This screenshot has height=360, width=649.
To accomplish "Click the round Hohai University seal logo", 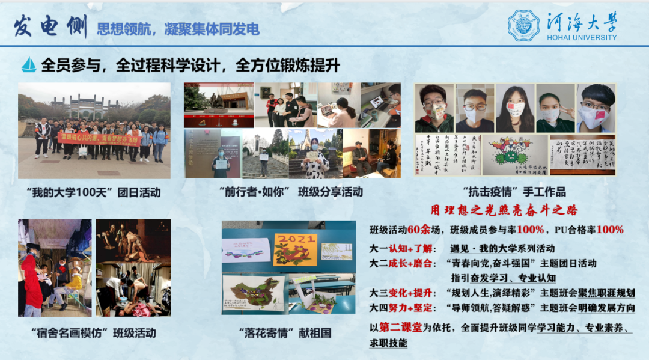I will click(523, 25).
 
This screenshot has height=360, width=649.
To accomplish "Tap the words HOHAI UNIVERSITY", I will click(582, 37).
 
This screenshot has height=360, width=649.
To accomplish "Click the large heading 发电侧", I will click(50, 26).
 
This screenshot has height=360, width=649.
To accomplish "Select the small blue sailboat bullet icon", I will click(29, 64).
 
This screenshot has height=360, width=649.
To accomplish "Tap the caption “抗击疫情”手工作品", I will click(514, 192).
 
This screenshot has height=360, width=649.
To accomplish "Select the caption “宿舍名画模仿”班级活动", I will click(93, 333).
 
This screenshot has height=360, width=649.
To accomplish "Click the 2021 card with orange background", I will click(295, 249).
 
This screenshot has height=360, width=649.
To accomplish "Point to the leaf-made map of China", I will click(253, 292).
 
